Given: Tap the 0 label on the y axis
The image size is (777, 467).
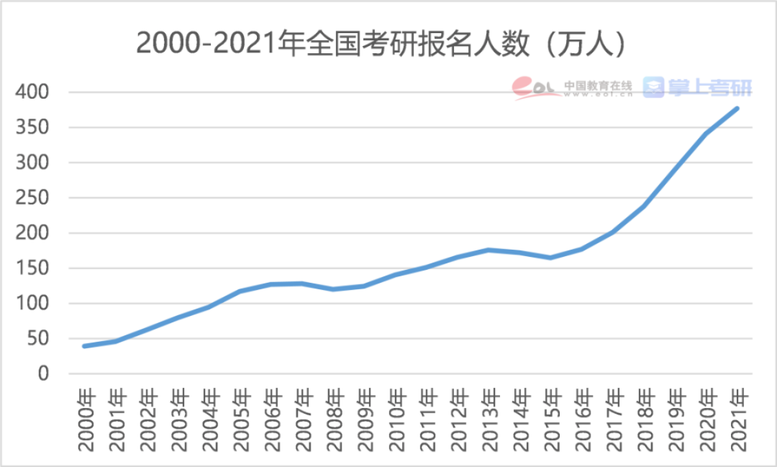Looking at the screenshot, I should pos(42,374).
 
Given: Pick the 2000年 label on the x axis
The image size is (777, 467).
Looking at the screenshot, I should pos(86,420).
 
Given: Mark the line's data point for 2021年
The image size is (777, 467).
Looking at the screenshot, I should pos(737,109).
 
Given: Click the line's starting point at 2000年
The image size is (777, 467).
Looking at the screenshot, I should pos(85,346).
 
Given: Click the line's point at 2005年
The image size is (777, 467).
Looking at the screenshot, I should pos(240,291).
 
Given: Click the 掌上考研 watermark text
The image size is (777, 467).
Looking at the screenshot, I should pos(709,88).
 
